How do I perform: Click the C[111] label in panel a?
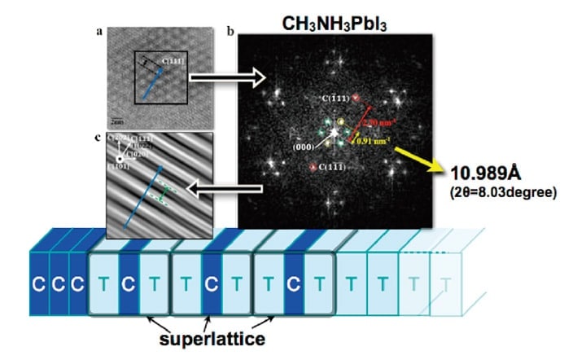(173, 61)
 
